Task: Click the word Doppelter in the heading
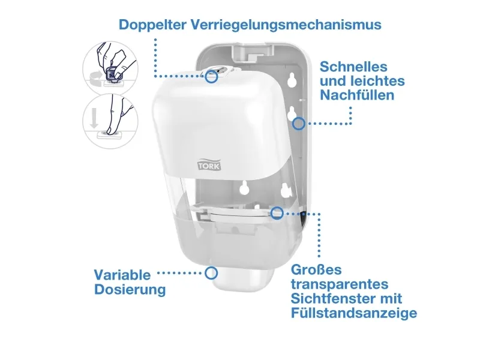click(152, 25)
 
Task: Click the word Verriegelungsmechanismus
click(286, 25)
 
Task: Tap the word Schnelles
click(353, 67)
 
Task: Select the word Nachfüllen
click(357, 95)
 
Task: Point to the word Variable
click(122, 275)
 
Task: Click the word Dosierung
click(130, 290)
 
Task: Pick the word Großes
click(316, 269)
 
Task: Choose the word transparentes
click(340, 284)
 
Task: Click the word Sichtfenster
click(333, 298)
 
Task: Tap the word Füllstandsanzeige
click(354, 313)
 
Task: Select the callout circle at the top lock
click(211, 77)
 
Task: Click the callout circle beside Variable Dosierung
click(211, 273)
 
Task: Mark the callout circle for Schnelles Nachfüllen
click(298, 124)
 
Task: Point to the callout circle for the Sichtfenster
click(277, 213)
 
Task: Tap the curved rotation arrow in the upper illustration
click(95, 77)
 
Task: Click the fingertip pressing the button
click(110, 130)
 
